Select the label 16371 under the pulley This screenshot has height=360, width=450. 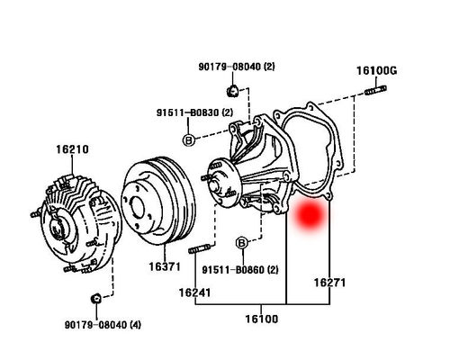click(165, 267)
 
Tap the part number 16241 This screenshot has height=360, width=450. click(195, 292)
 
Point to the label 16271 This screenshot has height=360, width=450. click(330, 283)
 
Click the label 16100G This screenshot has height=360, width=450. click(376, 70)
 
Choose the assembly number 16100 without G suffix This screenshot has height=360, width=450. click(261, 318)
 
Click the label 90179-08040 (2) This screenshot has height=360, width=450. click(230, 67)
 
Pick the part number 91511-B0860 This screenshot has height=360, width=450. click(233, 270)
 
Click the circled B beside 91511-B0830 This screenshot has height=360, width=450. click(188, 140)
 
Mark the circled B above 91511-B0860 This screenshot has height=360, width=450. click(241, 244)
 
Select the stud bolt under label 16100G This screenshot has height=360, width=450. click(376, 89)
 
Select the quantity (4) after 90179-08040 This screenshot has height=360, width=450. click(136, 325)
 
